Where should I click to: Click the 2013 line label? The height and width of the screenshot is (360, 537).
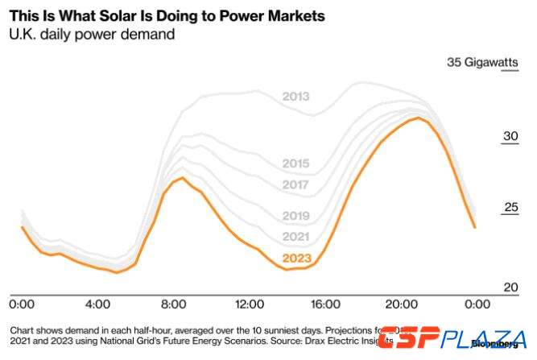tap(295, 97)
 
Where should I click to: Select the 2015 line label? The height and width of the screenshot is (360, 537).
tap(295, 163)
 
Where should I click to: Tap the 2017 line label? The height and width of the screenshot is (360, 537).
tap(295, 184)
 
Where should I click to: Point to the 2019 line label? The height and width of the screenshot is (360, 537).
tap(295, 216)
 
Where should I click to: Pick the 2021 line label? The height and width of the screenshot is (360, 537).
tap(295, 236)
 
